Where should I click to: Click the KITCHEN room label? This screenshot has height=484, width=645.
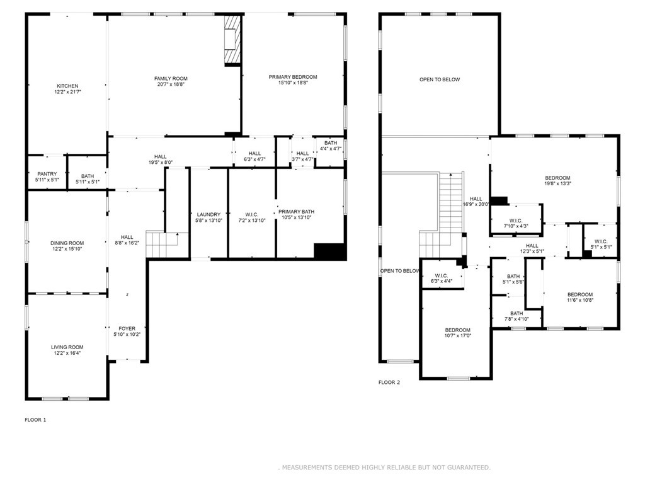tap(67, 86)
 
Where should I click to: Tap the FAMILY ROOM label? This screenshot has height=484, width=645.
tap(171, 79)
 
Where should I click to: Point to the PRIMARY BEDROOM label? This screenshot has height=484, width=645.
tap(293, 77)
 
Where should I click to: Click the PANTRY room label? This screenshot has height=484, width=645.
tap(47, 174)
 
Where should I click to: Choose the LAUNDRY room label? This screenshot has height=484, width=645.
tap(208, 214)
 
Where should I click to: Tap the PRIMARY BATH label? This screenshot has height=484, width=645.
tap(296, 212)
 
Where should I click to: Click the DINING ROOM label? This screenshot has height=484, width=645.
tap(67, 243)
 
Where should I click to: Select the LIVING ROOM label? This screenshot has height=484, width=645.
tap(67, 347)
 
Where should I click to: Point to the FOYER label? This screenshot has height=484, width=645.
tap(127, 328)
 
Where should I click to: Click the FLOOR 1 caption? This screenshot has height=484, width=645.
tap(35, 420)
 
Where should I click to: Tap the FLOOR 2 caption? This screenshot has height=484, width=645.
tap(389, 383)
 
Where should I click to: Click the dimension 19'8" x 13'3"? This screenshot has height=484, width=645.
tap(557, 183)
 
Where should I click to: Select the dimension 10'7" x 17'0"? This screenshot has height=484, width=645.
tap(457, 335)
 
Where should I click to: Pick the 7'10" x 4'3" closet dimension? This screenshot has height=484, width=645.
tap(515, 226)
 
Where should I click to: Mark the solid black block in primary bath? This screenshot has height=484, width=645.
tap(329, 251)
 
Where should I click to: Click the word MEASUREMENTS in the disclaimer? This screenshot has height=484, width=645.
tap(307, 467)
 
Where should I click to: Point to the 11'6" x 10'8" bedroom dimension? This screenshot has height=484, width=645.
tap(580, 300)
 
